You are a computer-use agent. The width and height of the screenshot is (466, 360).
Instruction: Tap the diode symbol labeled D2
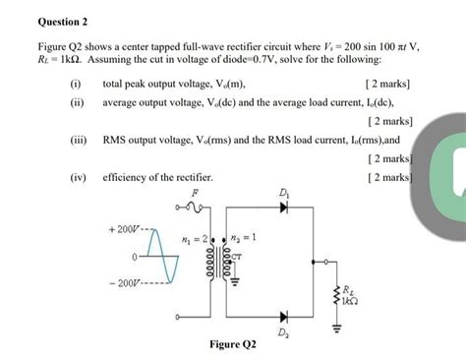click(x=284, y=317)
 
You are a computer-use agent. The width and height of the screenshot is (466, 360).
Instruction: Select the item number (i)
click(x=75, y=85)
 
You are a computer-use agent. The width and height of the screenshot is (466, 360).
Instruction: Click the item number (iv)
click(x=78, y=178)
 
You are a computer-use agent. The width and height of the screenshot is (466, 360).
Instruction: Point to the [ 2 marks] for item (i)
click(x=387, y=85)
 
